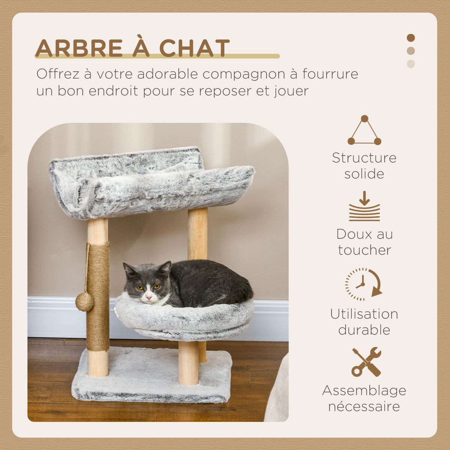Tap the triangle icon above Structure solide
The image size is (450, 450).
click(x=364, y=131)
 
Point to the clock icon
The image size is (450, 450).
click(x=363, y=284)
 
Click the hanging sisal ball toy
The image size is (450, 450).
click(x=84, y=301)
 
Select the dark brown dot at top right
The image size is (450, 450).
click(x=411, y=38)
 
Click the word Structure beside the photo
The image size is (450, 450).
click(x=364, y=158)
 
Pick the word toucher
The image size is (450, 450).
click(x=364, y=250)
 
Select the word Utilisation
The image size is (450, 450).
click(x=364, y=314)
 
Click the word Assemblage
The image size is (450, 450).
click(x=364, y=390)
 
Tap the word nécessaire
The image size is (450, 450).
click(x=364, y=406)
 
